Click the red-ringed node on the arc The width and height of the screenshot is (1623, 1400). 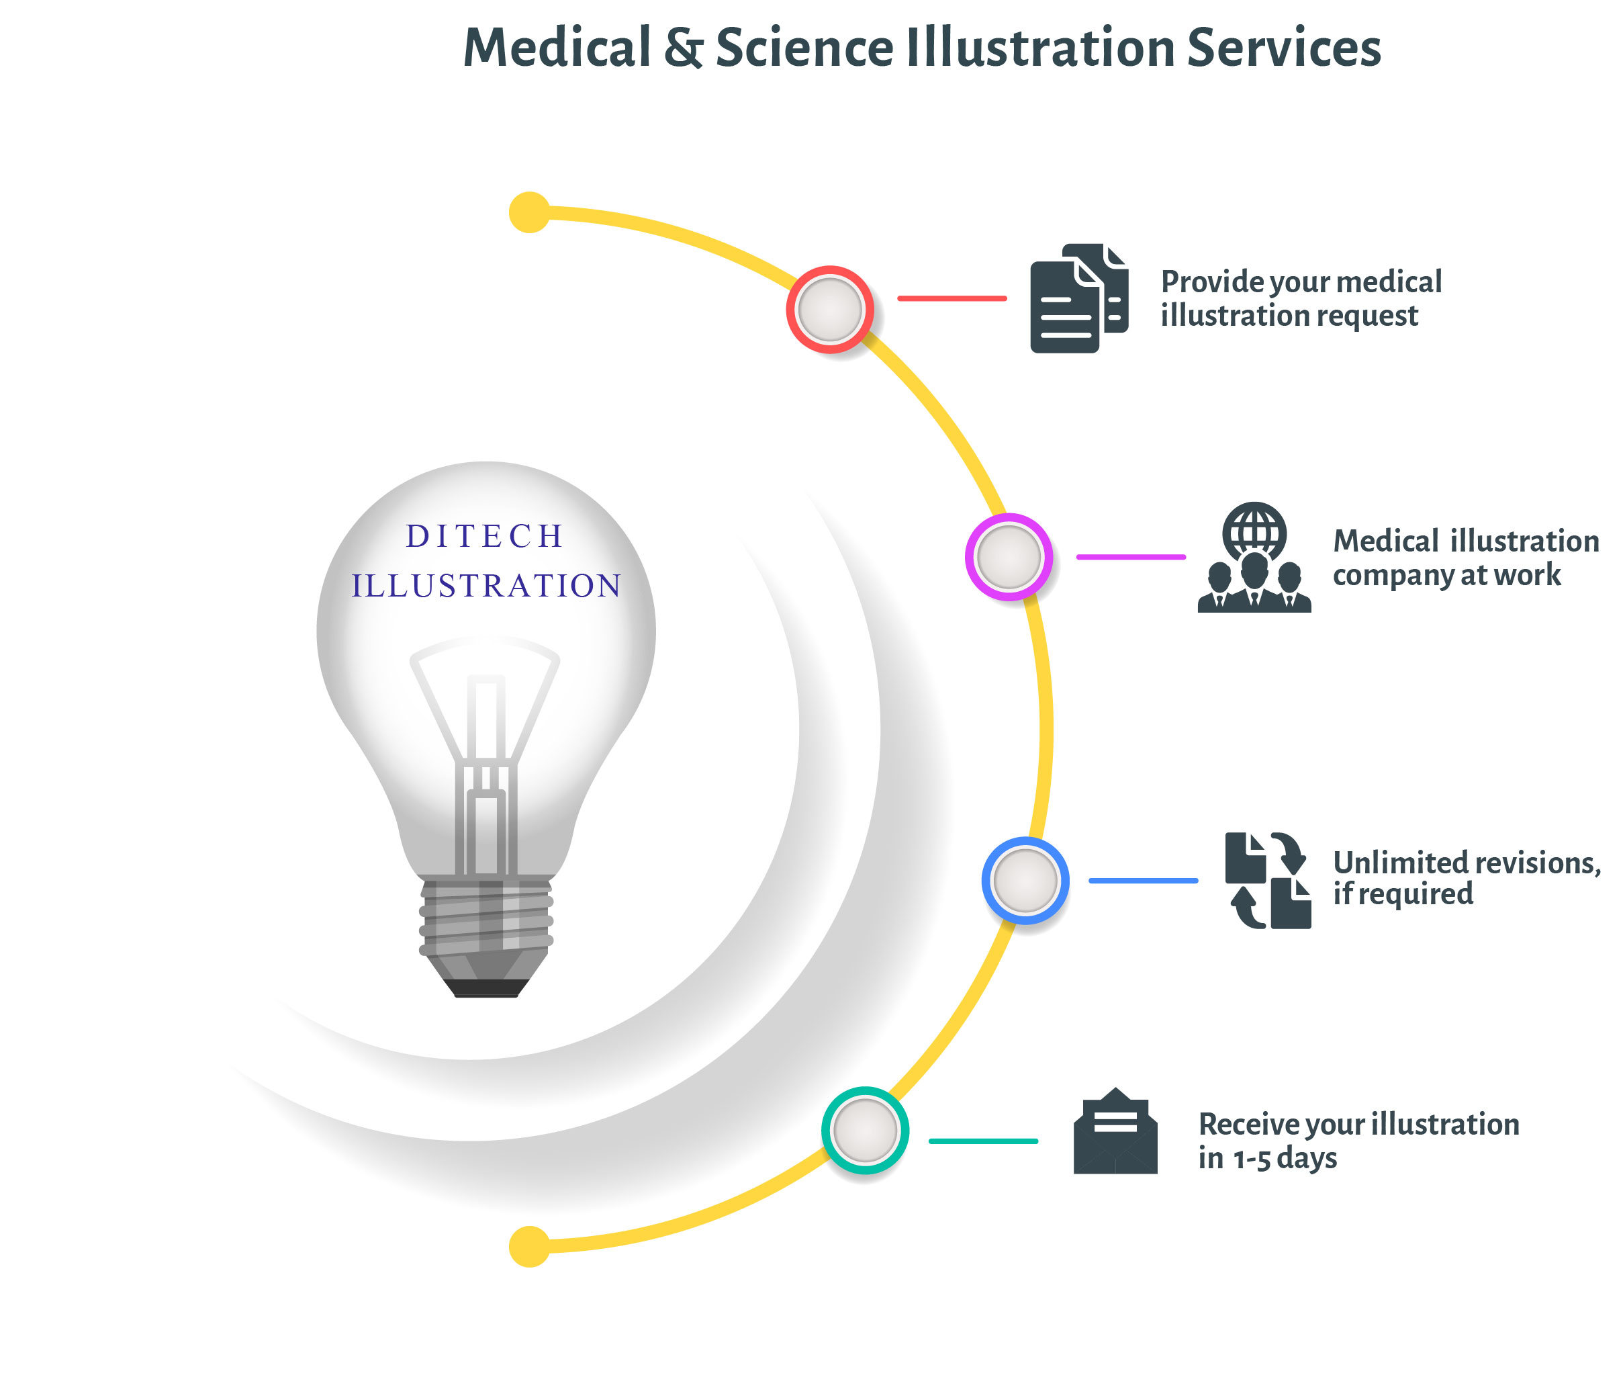[x=829, y=310]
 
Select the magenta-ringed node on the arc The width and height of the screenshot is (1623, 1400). [x=1009, y=557]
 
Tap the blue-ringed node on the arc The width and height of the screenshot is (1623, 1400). [x=1025, y=881]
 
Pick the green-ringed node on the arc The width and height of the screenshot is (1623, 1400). [x=865, y=1130]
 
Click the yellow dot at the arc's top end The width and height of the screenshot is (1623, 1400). [x=530, y=212]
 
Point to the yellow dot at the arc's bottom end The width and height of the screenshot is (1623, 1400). [x=530, y=1246]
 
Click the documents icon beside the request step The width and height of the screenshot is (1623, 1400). [x=1079, y=298]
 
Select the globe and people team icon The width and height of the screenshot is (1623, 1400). [x=1254, y=557]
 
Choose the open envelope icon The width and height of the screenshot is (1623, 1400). [x=1115, y=1131]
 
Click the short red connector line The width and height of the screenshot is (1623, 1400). [x=952, y=298]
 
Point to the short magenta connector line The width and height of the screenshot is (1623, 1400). [x=1131, y=557]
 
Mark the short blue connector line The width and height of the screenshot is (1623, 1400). [x=1144, y=881]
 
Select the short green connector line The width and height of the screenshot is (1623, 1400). [x=983, y=1141]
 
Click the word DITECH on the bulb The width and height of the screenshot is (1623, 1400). [x=485, y=537]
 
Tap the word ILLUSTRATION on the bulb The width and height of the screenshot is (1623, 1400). [x=486, y=586]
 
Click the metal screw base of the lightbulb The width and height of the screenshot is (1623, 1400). [x=485, y=937]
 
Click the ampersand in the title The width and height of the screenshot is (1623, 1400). [x=684, y=48]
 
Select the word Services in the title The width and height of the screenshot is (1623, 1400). [x=1284, y=48]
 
